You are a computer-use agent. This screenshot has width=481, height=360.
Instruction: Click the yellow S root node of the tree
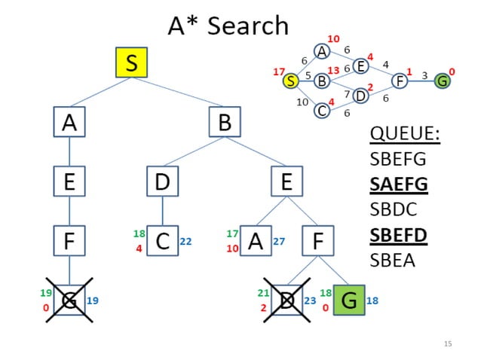(x=131, y=63)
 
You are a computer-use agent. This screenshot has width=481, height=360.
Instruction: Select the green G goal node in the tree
(x=348, y=301)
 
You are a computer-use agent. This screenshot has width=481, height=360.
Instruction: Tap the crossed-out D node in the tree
(x=286, y=301)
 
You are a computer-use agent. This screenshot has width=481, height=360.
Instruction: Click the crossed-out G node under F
(x=69, y=301)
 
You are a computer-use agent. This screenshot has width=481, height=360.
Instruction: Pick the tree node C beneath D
(x=163, y=242)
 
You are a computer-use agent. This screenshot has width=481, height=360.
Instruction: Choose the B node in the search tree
(x=224, y=122)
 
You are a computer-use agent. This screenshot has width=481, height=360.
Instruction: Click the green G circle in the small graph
(x=442, y=81)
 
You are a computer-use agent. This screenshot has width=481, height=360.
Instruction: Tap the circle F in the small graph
(x=400, y=81)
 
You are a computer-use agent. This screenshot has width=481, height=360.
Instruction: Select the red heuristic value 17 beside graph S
(x=278, y=72)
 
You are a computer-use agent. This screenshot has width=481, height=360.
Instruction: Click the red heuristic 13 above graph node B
(x=332, y=70)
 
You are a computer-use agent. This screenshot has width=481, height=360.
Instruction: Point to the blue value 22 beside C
(x=186, y=242)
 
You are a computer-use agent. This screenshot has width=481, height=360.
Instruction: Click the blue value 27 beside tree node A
(x=278, y=242)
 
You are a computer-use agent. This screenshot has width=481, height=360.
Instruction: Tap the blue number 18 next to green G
(x=372, y=301)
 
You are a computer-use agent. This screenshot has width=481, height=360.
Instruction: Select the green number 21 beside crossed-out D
(x=263, y=292)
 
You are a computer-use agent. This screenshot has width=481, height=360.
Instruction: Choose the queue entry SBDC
(x=394, y=209)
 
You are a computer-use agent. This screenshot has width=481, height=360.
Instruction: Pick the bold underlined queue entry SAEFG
(x=398, y=184)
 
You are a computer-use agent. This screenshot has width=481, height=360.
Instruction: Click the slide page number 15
(x=448, y=343)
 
